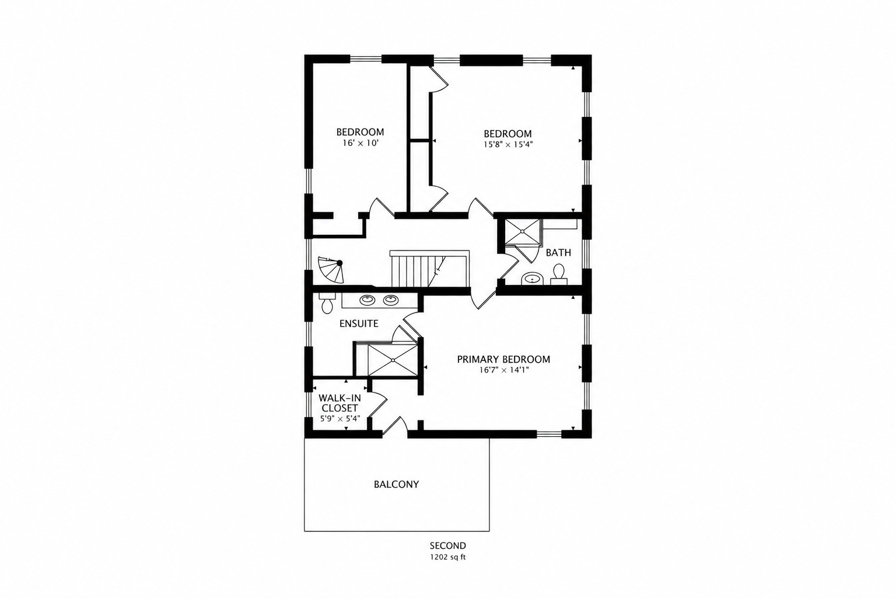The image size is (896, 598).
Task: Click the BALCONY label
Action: tap(396, 484)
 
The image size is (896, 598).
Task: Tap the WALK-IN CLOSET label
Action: tap(339, 403)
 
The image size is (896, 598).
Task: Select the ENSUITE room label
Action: tap(359, 324)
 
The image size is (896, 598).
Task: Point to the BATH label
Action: tap(558, 253)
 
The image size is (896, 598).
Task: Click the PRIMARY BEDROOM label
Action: tap(503, 359)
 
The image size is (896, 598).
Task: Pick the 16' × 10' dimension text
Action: tap(360, 143)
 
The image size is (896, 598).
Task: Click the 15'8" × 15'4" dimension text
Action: tap(508, 145)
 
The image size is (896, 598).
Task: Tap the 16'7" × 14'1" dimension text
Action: tap(504, 370)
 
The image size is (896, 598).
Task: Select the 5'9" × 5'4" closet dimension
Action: tap(340, 419)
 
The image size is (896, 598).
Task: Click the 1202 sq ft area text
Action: tap(448, 557)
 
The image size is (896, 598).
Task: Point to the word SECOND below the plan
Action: tap(448, 545)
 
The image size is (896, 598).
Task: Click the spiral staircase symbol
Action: tap(331, 270)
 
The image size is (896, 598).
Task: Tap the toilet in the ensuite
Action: tap(327, 303)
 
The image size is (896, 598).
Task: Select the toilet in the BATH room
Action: tap(559, 274)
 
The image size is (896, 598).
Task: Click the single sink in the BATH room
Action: tap(533, 277)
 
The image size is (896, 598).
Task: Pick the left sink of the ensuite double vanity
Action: tap(367, 300)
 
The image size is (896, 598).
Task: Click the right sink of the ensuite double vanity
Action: tap(390, 300)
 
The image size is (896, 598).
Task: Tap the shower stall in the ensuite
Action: tap(393, 360)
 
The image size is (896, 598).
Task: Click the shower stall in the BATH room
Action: tap(522, 231)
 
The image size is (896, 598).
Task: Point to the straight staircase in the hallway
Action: tap(429, 269)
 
